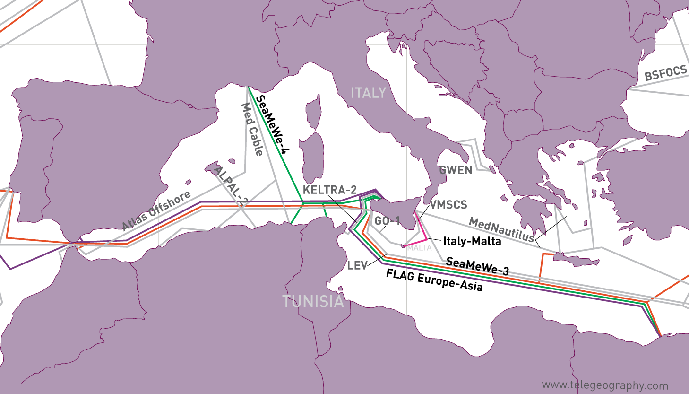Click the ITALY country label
[368, 93]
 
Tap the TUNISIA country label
[313, 301]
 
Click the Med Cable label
[252, 129]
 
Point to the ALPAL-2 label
[231, 186]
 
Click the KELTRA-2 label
[329, 190]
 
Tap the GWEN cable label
[456, 170]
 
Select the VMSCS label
[448, 205]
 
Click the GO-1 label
[387, 221]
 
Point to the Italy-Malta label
[472, 241]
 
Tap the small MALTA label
[420, 248]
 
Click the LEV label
[357, 265]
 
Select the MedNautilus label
[501, 229]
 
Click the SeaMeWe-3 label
[477, 266]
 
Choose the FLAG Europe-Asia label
[434, 280]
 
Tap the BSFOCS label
[665, 73]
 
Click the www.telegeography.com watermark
[605, 385]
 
